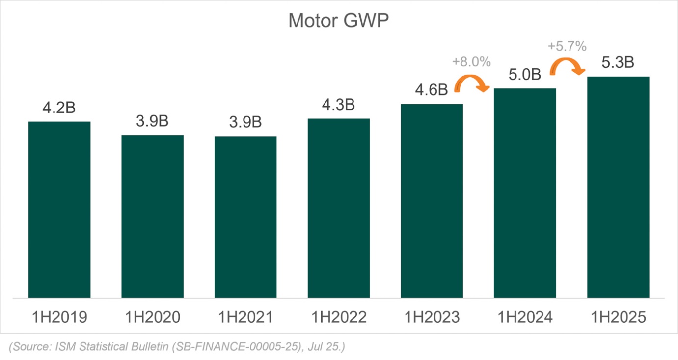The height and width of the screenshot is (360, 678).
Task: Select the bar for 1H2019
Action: point(59,210)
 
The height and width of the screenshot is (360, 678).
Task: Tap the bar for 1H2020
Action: point(152,216)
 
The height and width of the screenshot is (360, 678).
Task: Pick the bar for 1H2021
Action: point(245,217)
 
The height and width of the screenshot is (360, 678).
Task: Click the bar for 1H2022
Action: point(339,208)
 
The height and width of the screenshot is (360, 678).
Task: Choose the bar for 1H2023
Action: point(432,200)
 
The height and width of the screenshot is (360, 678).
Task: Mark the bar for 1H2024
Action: point(525,193)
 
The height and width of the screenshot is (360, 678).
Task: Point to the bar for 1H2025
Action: point(618,187)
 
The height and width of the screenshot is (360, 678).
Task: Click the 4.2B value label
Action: point(59,108)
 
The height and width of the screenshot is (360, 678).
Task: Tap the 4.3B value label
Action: point(338,105)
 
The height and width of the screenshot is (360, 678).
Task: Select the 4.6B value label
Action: point(432,90)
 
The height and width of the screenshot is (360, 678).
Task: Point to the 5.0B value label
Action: point(524,75)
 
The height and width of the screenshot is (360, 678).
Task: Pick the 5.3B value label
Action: point(618,63)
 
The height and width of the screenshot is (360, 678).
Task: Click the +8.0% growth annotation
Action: point(471,62)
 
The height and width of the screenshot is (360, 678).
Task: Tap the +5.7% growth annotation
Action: point(567,47)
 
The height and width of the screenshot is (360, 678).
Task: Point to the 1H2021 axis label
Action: point(245,317)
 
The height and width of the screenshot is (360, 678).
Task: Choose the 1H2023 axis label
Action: point(432,317)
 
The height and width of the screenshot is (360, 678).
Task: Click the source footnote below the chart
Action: point(177,347)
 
